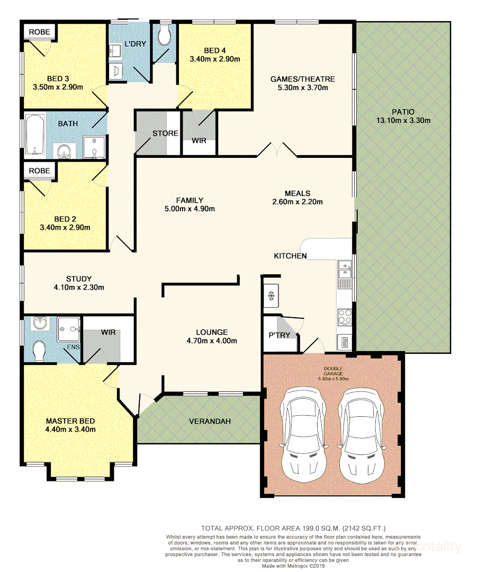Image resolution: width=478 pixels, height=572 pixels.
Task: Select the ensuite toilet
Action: (38, 351)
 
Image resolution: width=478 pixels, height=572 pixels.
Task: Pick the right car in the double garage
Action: (361, 435)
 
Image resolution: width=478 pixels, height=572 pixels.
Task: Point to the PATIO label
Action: (403, 112)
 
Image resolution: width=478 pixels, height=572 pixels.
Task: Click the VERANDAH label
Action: (210, 422)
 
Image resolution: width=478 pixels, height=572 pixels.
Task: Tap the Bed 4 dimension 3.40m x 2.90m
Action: (215, 59)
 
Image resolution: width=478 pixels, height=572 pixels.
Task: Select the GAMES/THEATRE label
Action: (303, 79)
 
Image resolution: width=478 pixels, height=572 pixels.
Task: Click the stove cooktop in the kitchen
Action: (345, 316)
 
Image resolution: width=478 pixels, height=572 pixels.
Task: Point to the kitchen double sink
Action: (345, 269)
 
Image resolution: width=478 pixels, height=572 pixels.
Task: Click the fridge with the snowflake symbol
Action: (271, 296)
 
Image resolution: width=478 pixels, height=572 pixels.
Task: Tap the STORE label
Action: (165, 133)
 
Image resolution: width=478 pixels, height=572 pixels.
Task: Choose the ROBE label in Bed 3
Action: (39, 32)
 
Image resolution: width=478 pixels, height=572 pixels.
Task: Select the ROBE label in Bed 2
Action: (39, 171)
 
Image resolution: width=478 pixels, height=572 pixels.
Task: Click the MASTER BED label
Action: (70, 421)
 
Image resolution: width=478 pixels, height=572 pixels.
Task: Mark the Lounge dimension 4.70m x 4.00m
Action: (212, 341)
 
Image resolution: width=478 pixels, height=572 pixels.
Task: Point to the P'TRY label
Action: (279, 335)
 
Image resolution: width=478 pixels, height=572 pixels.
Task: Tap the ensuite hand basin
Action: (39, 323)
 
